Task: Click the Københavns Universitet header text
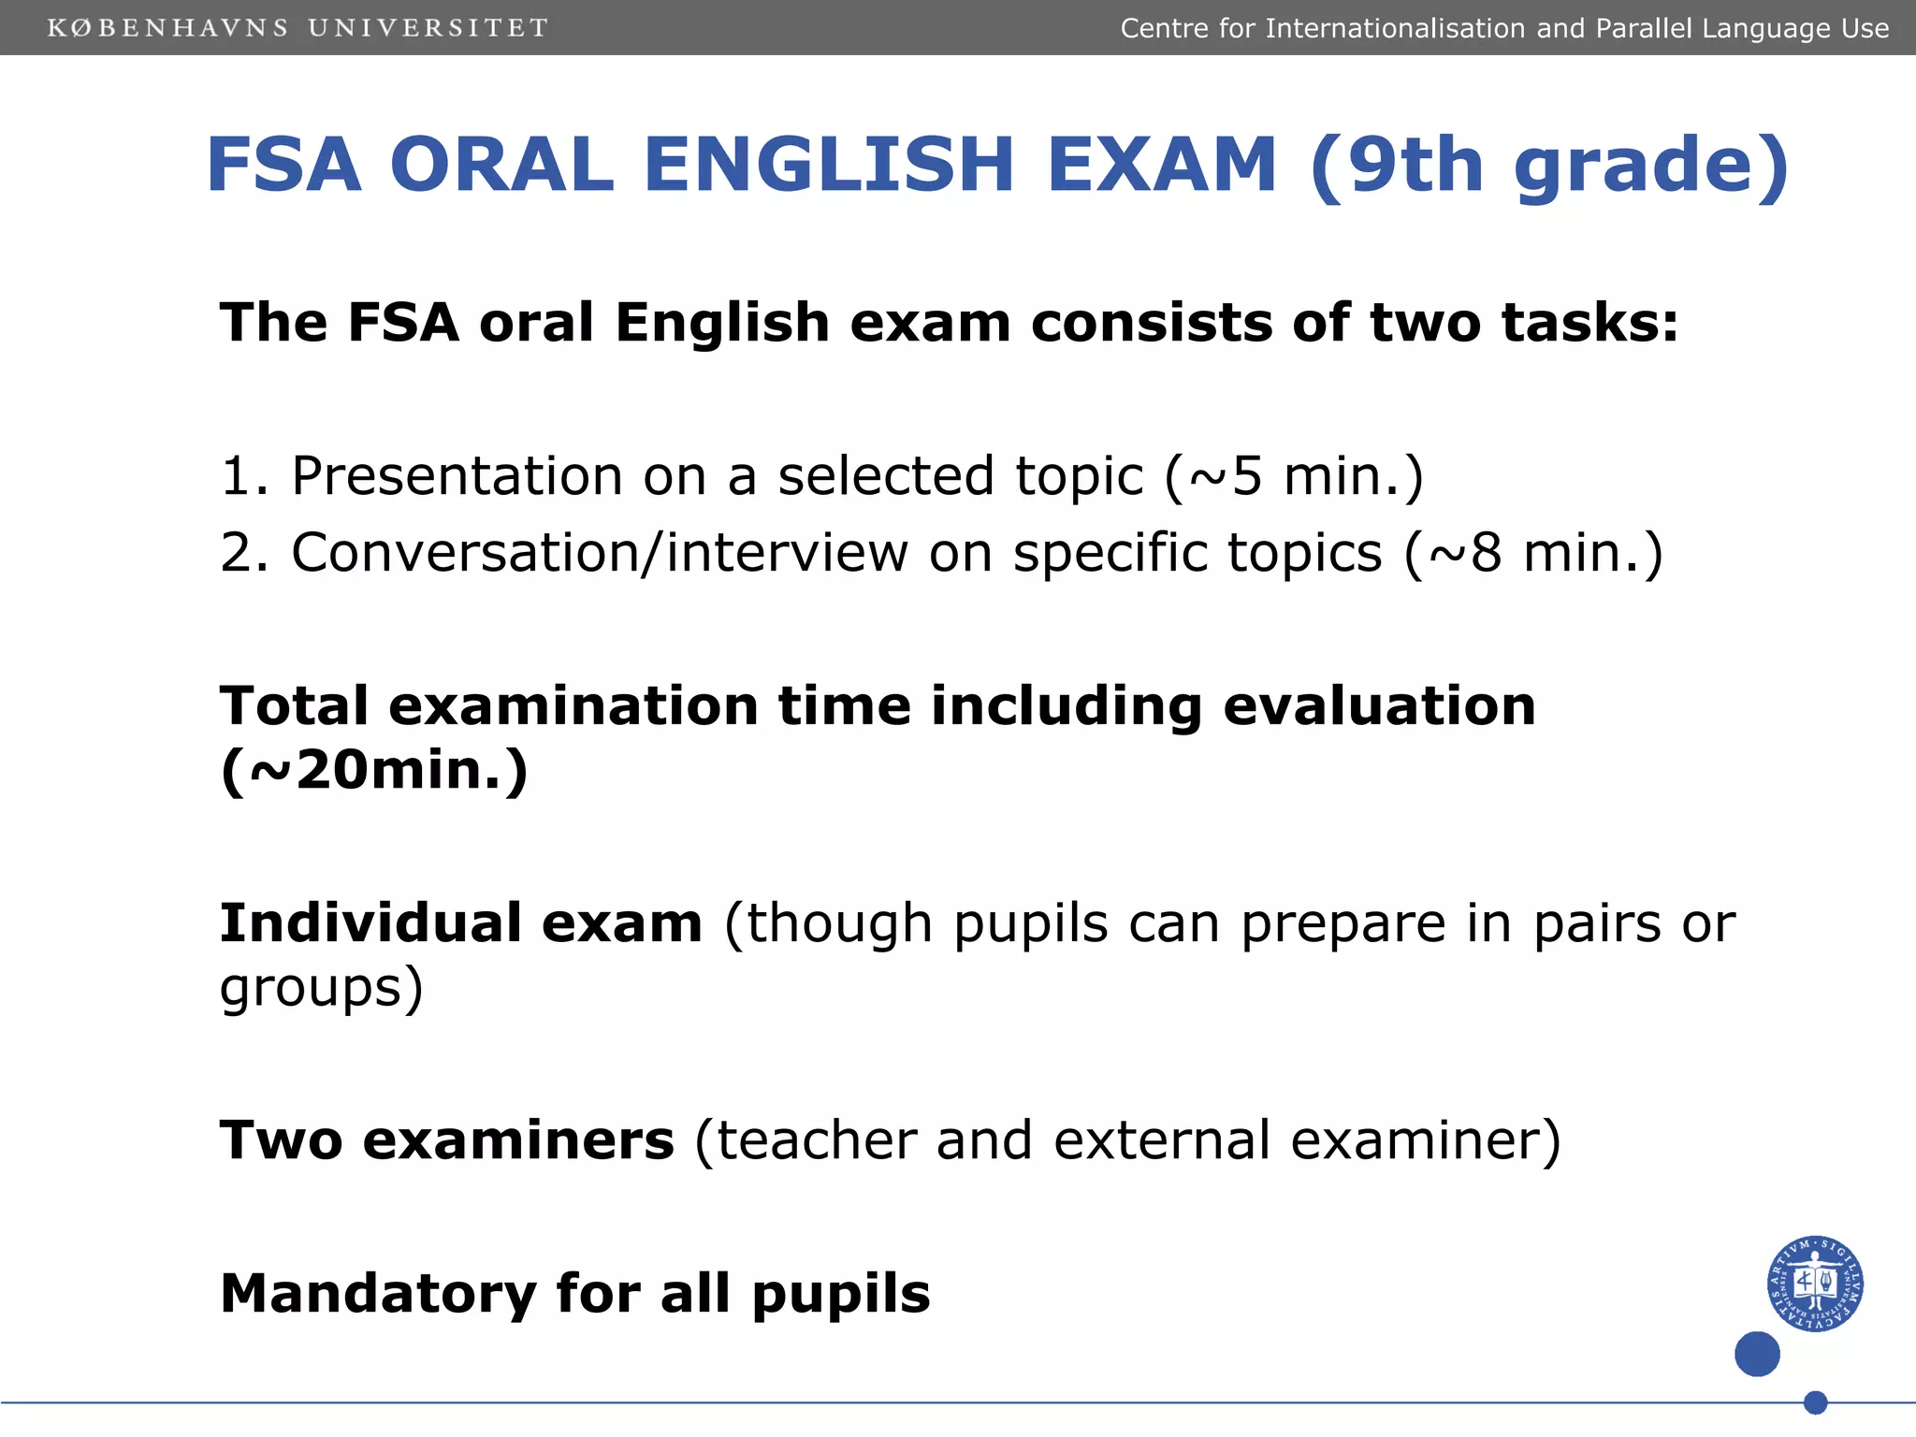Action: (x=298, y=28)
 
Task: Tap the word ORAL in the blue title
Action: (x=501, y=165)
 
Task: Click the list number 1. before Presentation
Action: (x=244, y=476)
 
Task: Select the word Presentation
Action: (x=457, y=476)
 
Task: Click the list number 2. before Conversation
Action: (x=244, y=553)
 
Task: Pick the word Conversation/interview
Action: (x=600, y=553)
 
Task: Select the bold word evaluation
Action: (x=1379, y=705)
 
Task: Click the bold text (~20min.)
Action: (x=374, y=771)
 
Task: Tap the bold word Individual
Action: (x=370, y=923)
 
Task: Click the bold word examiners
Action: (x=518, y=1140)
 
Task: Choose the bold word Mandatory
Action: (x=378, y=1294)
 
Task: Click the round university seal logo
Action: (x=1815, y=1284)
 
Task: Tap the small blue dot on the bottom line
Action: (x=1815, y=1402)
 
